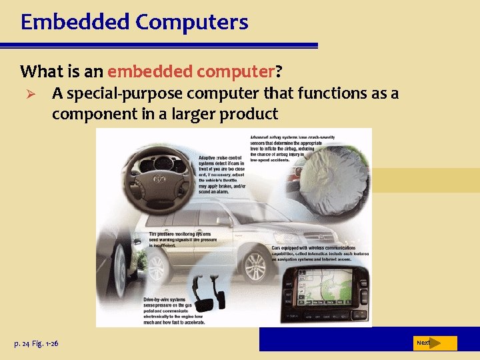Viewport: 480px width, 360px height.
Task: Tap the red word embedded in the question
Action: click(147, 71)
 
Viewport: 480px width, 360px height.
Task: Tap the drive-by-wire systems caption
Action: click(175, 311)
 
